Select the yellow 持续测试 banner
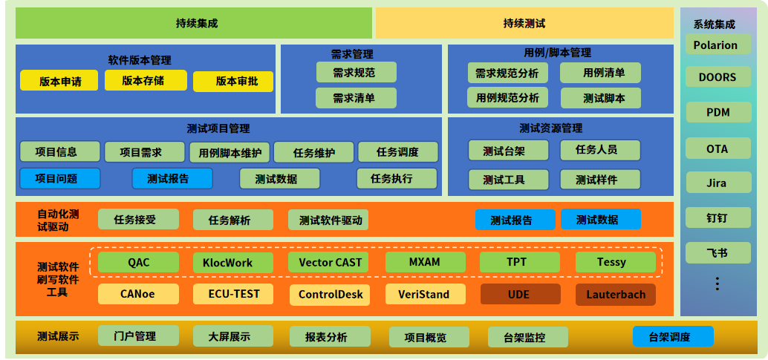[524, 23]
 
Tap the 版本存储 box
[144, 80]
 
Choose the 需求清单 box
[356, 98]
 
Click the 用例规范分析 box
[507, 97]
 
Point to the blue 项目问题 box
[59, 178]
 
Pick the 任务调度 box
[397, 152]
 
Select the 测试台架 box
[508, 151]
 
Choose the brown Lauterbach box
[615, 294]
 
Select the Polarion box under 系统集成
[716, 45]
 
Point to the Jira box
[716, 183]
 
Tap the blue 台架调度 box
[673, 337]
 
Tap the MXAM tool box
[425, 262]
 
